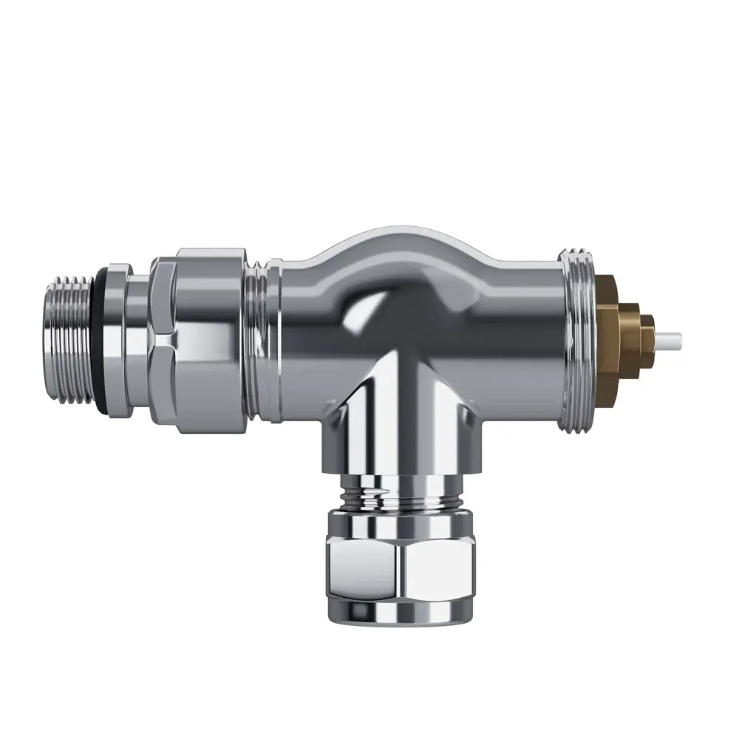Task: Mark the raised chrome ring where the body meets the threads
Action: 274,340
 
